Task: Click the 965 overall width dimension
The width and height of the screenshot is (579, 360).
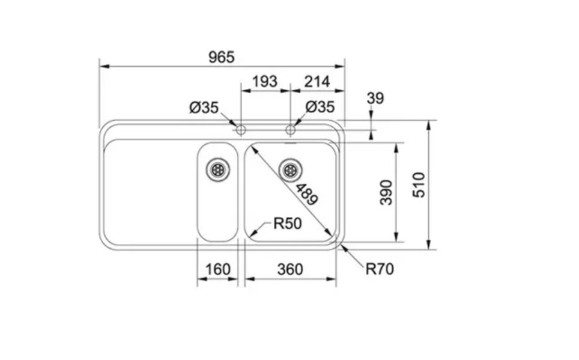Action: (x=221, y=58)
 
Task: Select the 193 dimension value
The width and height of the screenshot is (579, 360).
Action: (x=265, y=81)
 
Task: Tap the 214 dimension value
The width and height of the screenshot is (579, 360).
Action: (x=317, y=81)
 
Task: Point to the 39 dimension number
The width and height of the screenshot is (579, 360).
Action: (x=375, y=98)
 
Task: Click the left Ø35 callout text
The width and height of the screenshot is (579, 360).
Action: (x=204, y=108)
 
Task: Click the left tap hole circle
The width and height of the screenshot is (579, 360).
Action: (x=240, y=130)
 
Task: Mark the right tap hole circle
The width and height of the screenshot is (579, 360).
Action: (x=291, y=130)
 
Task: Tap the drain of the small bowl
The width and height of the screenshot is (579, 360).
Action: (x=217, y=169)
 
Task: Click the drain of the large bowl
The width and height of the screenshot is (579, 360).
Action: (x=291, y=169)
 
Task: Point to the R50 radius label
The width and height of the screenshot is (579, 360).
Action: (x=286, y=224)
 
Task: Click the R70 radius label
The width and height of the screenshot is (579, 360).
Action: (x=380, y=269)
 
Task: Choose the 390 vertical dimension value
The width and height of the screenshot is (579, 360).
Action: (x=386, y=192)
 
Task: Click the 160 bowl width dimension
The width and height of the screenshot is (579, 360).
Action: (x=217, y=269)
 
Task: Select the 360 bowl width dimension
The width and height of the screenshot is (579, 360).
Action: (x=290, y=269)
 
